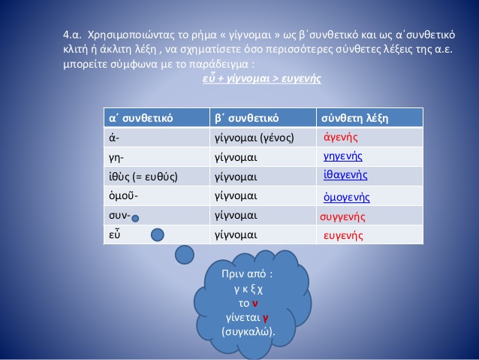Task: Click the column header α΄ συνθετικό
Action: point(141,118)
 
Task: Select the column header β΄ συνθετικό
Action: point(246,118)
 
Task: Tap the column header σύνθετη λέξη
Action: point(354,118)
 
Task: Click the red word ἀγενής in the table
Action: point(341,137)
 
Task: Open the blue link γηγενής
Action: point(343,156)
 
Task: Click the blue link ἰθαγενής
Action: point(345,174)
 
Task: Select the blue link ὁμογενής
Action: point(346,197)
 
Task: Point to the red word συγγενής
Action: point(342,217)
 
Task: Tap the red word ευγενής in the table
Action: point(343,236)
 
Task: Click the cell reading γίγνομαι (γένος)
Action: point(255,138)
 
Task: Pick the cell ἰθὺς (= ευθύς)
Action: point(143,177)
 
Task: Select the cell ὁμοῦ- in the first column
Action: point(123,195)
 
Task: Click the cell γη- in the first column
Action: point(116,158)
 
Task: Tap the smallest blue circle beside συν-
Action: point(135,219)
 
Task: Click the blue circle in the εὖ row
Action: point(158,235)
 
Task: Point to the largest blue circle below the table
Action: point(185,255)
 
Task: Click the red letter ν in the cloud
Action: point(255,304)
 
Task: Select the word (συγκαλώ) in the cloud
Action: point(249,331)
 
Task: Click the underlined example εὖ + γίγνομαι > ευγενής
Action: point(262,78)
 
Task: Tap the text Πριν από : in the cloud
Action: point(247,274)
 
